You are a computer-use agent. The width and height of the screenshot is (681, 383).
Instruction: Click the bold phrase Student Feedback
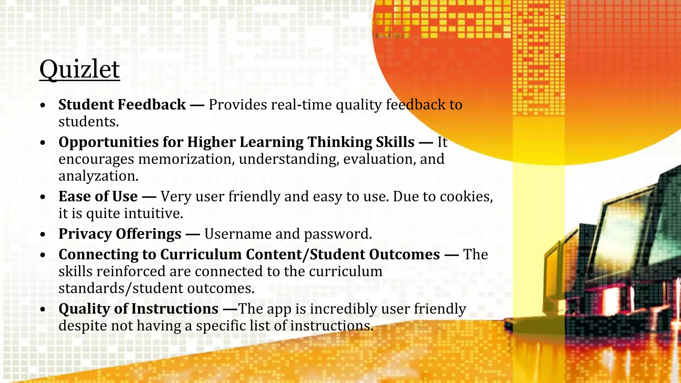point(122,105)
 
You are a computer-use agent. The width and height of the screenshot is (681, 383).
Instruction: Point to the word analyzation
point(98,176)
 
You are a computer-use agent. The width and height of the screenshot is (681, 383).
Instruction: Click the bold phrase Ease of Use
point(98,196)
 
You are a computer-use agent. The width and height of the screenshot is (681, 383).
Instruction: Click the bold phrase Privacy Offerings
point(120,234)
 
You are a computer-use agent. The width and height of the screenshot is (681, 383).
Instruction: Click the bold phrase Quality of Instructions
point(138,309)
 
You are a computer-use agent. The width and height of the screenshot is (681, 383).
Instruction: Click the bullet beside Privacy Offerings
point(43,235)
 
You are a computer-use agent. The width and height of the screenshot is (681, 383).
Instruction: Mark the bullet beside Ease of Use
point(43,197)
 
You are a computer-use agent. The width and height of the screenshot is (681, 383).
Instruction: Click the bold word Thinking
point(340,142)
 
